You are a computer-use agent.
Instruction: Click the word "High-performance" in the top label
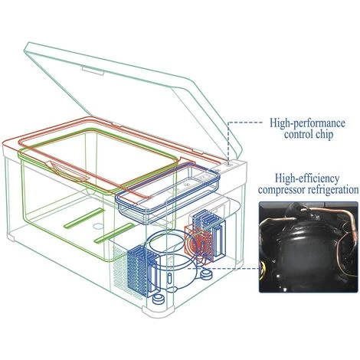tap(308, 123)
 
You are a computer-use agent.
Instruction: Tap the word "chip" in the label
tap(324, 134)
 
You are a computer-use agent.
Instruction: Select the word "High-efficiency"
tap(307, 178)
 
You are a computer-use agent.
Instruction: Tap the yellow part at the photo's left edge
tap(262, 270)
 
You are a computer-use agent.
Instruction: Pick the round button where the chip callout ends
tap(229, 165)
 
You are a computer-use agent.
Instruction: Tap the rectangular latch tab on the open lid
tap(93, 71)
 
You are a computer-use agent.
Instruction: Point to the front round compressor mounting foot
tap(159, 299)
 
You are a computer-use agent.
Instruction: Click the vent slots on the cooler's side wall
tap(119, 268)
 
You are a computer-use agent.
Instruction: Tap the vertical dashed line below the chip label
tap(228, 142)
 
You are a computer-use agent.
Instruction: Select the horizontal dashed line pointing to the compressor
tap(224, 268)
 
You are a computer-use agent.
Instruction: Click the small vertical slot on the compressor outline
tap(169, 279)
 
